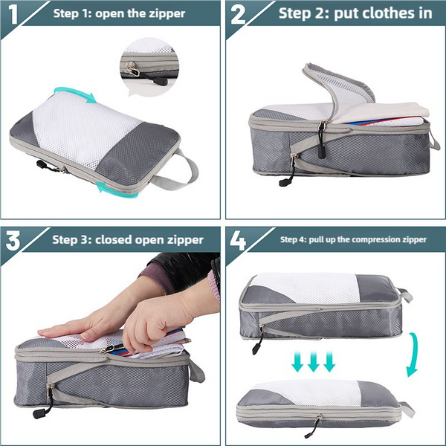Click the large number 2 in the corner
238,14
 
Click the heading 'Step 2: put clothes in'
344,13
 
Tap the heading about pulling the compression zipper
353,239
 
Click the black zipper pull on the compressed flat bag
317,424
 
